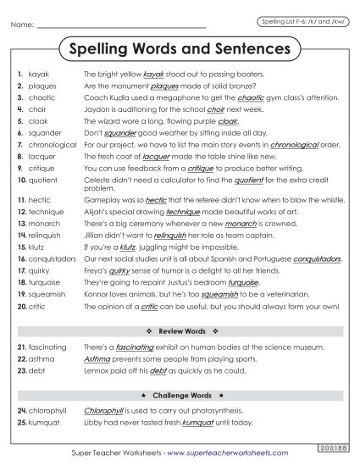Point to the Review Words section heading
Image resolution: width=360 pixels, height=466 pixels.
180,330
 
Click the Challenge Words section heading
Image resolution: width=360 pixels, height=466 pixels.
180,395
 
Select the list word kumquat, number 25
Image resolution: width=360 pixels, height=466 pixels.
44,422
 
